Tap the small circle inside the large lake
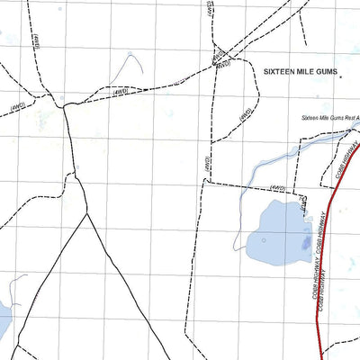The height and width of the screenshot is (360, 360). (x=264, y=240)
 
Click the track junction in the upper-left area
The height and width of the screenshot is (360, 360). (x=63, y=106)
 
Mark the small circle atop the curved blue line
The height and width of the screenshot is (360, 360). (x=130, y=55)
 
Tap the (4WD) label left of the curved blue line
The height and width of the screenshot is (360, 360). (x=120, y=92)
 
